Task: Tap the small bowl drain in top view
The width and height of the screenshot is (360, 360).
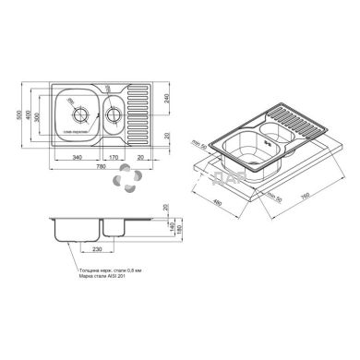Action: pos(114,115)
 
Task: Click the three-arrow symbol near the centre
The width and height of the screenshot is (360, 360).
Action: pos(122,186)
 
